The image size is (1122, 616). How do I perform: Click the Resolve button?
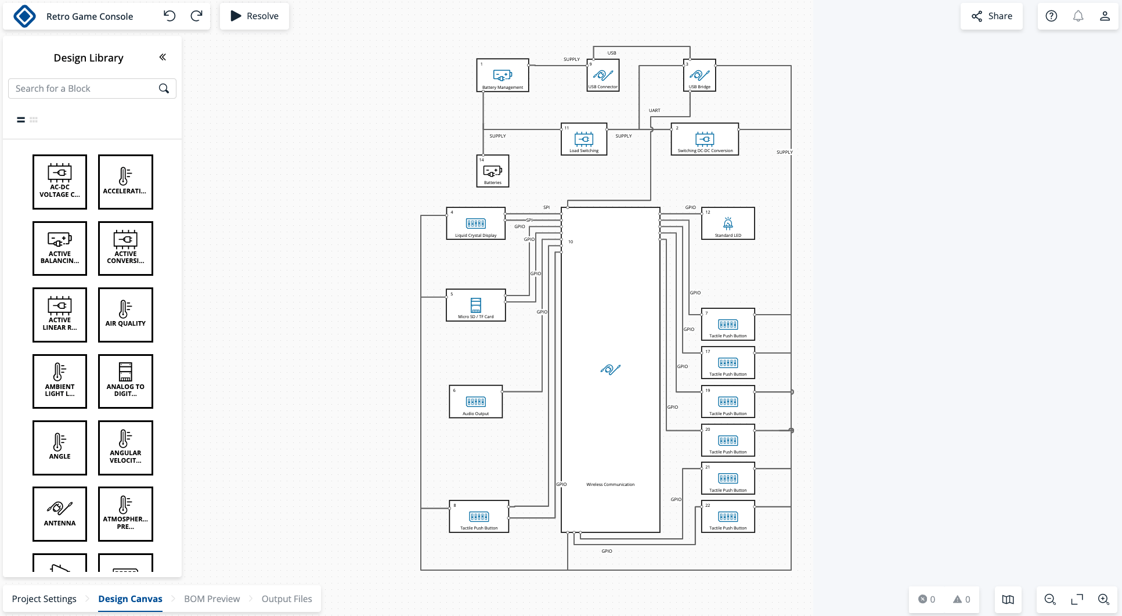(254, 16)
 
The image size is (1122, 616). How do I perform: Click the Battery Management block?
(502, 75)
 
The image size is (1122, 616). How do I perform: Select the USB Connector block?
(603, 75)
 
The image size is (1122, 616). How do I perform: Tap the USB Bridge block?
(699, 75)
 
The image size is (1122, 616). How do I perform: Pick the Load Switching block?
(583, 139)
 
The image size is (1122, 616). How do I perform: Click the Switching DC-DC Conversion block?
(705, 139)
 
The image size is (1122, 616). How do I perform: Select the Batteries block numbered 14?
(492, 171)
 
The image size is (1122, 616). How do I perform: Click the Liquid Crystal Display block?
(475, 224)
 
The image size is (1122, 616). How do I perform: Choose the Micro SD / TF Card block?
(475, 305)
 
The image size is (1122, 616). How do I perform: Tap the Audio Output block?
(475, 402)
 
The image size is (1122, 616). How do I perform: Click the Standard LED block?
(728, 224)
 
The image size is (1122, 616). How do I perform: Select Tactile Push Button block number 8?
(479, 517)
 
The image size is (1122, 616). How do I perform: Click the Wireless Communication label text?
(610, 485)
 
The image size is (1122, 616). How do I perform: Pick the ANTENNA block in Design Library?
(60, 514)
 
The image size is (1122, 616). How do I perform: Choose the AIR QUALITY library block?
(125, 315)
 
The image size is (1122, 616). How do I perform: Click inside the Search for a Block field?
(84, 89)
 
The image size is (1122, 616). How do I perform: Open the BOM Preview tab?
(212, 599)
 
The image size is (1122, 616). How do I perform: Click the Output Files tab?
(287, 599)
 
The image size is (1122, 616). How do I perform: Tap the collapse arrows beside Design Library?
(163, 57)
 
